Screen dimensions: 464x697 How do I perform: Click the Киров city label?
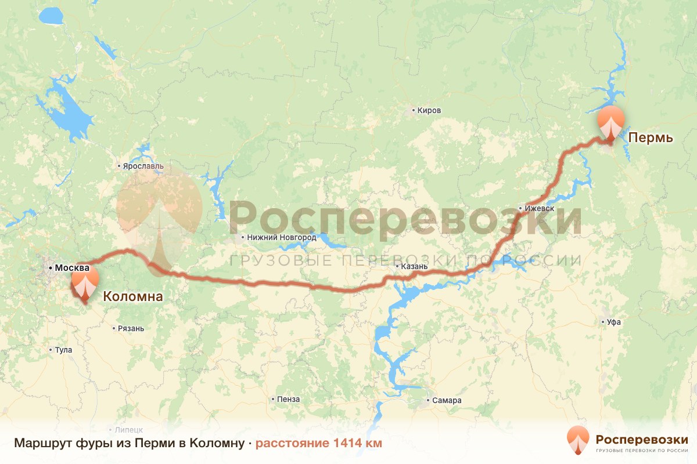[x=429, y=110]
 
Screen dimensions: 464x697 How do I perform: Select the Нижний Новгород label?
[x=281, y=237]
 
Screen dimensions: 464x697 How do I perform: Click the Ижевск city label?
[x=540, y=208]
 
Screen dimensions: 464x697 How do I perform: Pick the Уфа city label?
[x=614, y=322]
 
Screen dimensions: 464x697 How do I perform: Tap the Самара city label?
[x=447, y=400]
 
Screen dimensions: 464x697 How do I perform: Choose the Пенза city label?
[x=289, y=399]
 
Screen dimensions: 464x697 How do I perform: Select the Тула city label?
[x=63, y=350]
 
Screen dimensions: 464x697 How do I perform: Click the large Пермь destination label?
[x=652, y=138]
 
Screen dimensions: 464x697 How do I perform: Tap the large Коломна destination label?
[x=132, y=297]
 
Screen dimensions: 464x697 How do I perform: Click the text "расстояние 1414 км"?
[x=319, y=444]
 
